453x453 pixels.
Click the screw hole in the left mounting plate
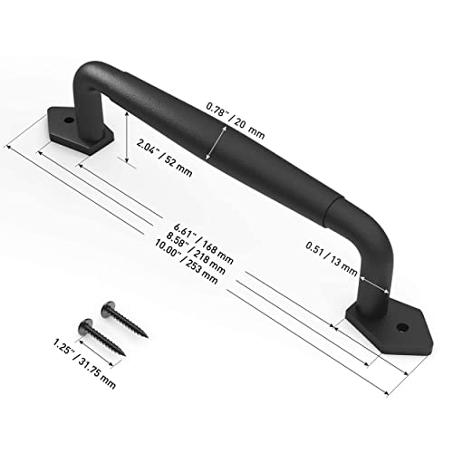(x=67, y=120)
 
